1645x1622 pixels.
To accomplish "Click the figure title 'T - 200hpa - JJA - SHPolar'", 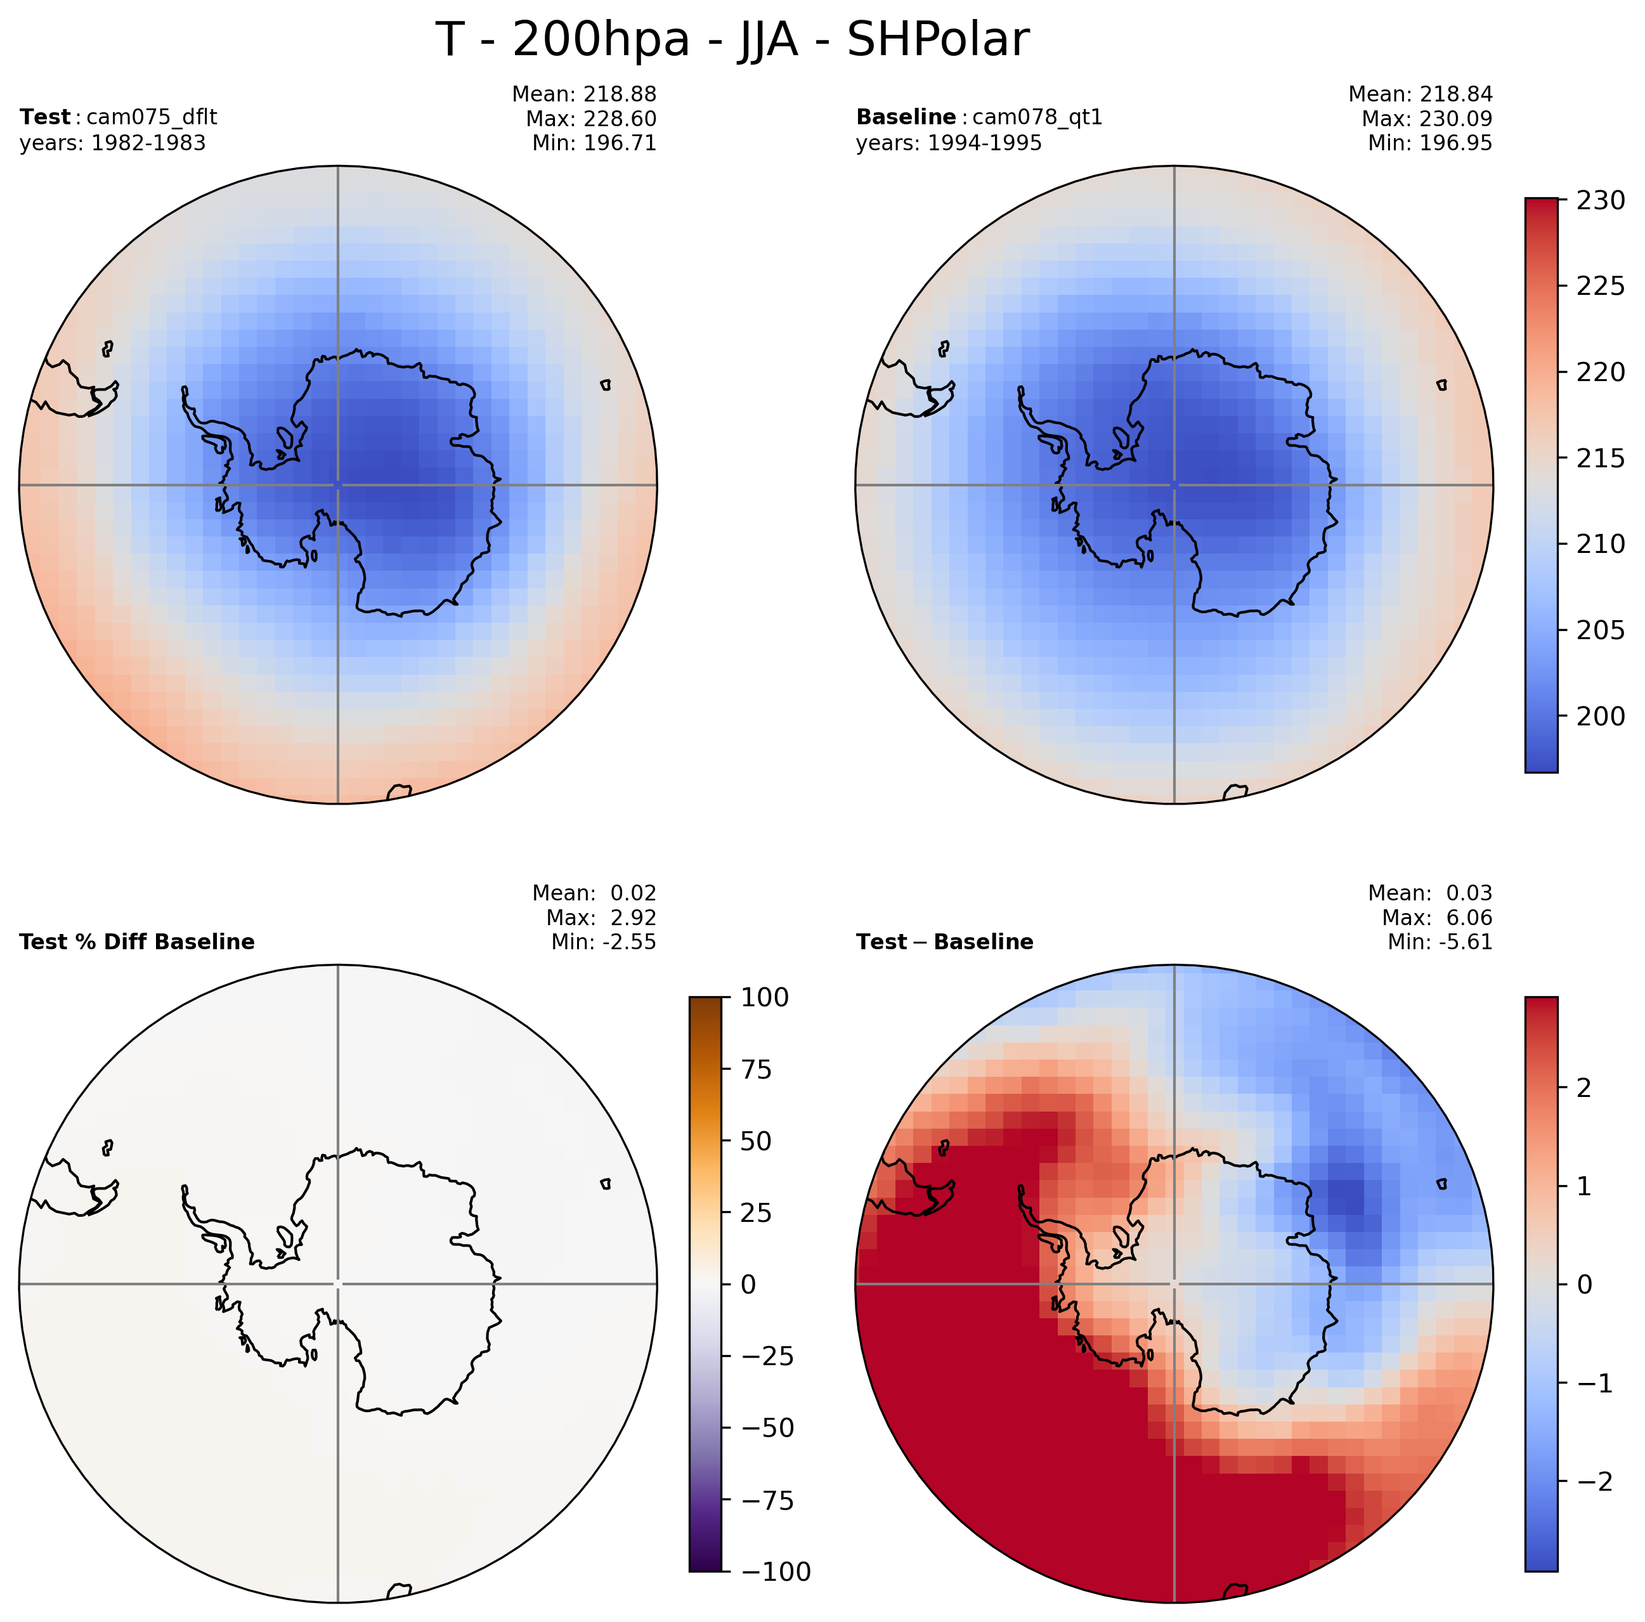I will (732, 40).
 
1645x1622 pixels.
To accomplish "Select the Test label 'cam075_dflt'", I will (152, 117).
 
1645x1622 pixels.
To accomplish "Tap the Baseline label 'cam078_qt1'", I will (1036, 117).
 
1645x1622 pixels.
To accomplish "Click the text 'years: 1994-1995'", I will (949, 143).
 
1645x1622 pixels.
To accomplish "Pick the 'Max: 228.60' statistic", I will (591, 119).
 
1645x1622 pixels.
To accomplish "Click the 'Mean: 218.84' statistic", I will (1421, 94).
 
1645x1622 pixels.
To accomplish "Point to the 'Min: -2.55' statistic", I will (594, 942).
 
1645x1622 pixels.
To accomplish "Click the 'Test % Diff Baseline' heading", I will (137, 942).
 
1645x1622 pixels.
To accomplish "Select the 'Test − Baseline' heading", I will (944, 942).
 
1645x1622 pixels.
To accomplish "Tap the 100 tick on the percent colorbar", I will (765, 997).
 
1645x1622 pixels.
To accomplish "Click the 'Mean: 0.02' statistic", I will (594, 893).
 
